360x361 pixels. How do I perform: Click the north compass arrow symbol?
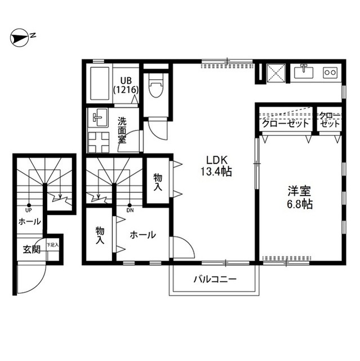click(21, 38)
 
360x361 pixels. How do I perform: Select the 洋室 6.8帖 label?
click(299, 197)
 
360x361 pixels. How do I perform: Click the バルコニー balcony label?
click(215, 279)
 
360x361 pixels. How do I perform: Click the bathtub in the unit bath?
click(99, 85)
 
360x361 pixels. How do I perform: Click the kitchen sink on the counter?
click(305, 72)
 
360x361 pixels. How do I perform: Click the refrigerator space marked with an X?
click(276, 72)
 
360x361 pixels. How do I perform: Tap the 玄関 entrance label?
click(32, 249)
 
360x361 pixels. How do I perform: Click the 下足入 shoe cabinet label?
click(52, 245)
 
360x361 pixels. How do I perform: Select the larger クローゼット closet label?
click(286, 124)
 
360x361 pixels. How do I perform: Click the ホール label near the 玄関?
click(29, 222)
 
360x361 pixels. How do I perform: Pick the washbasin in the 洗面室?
click(100, 117)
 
